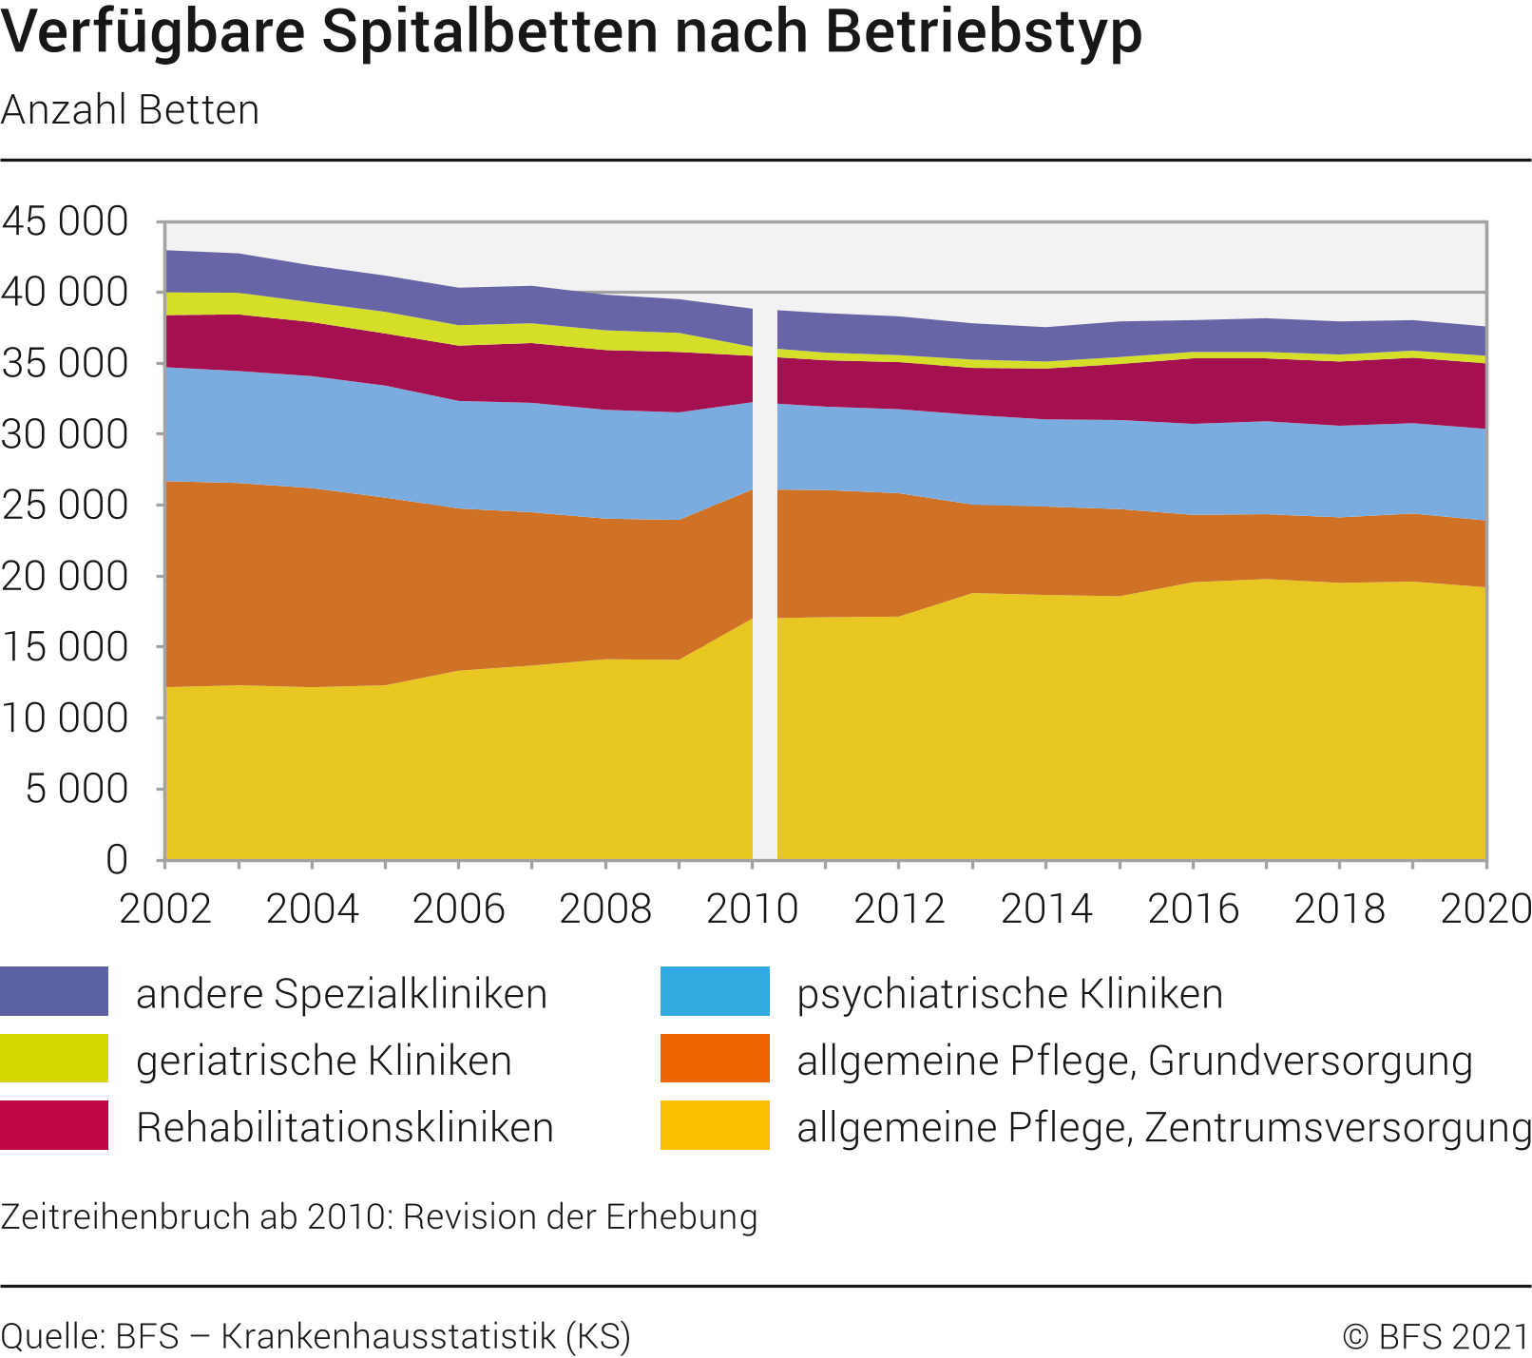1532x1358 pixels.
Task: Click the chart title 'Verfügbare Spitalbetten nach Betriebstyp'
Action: click(x=571, y=32)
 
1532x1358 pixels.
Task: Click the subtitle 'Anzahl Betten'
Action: click(x=130, y=110)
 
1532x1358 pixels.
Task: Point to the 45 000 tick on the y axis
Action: click(x=65, y=221)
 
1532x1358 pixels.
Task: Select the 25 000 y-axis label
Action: click(x=65, y=505)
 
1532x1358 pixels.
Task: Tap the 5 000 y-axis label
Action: click(x=77, y=789)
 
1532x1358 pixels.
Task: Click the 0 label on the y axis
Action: click(x=116, y=859)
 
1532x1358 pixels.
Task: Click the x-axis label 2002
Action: click(x=165, y=909)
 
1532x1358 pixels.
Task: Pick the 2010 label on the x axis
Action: click(x=753, y=909)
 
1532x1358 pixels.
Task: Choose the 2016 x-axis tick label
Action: click(x=1194, y=909)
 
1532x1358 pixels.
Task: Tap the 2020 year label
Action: click(x=1486, y=909)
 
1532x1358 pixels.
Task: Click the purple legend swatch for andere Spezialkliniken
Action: click(x=54, y=991)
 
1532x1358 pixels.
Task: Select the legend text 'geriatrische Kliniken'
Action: click(x=324, y=1061)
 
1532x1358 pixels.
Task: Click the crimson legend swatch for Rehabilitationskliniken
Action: click(x=54, y=1125)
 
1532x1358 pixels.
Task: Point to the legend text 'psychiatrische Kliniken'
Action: click(x=1010, y=994)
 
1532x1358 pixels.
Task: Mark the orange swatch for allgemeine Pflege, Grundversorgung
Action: click(x=715, y=1059)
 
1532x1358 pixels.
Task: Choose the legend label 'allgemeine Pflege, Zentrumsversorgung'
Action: click(x=1164, y=1128)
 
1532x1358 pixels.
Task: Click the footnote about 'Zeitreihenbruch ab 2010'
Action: click(x=379, y=1217)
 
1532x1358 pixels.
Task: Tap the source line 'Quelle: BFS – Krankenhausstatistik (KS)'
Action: click(x=316, y=1336)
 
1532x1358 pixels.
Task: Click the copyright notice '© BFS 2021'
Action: click(x=1435, y=1336)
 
